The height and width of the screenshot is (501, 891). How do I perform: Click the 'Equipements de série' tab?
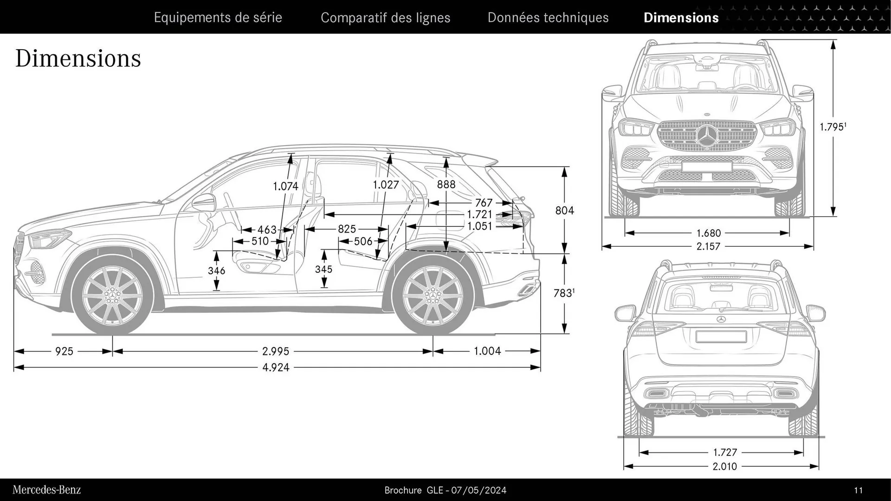point(218,18)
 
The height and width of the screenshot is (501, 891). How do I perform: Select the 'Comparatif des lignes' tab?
point(385,18)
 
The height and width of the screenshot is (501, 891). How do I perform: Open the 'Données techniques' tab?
point(548,18)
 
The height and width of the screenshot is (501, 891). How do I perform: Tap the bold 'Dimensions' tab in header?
point(681,18)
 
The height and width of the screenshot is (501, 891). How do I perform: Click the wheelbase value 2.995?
point(276,352)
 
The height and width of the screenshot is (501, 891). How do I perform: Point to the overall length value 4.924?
point(276,368)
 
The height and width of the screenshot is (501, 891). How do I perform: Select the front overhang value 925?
point(64,352)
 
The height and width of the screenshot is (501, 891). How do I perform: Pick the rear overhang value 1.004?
point(487,351)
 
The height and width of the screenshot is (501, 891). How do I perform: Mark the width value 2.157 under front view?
point(708,246)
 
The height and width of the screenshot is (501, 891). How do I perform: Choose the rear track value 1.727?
point(724,452)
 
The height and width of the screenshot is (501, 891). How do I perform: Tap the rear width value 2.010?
point(724,466)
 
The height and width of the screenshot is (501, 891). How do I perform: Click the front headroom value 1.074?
point(285,186)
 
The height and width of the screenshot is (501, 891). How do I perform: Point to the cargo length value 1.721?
point(479,214)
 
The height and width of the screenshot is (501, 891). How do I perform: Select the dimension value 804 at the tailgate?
point(564,211)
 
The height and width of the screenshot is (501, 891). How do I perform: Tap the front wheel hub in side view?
point(112,295)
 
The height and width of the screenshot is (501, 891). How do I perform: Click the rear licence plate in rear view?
point(721,336)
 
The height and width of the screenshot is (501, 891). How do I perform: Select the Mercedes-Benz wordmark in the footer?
point(46,490)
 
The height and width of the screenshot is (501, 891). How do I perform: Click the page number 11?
point(858,490)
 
